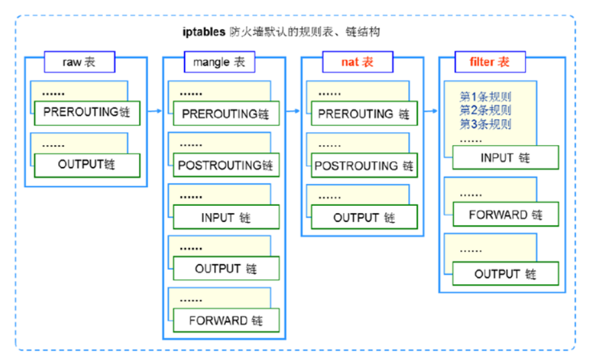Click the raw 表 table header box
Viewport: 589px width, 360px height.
pos(80,62)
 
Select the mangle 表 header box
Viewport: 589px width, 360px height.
pos(219,63)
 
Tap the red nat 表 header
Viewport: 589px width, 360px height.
pos(357,62)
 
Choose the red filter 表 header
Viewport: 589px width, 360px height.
pos(489,62)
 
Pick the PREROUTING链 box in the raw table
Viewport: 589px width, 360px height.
pos(87,113)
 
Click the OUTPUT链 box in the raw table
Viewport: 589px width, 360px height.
pos(87,164)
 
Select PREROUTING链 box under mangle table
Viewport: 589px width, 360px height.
pos(226,114)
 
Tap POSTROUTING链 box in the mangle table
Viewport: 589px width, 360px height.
pos(226,166)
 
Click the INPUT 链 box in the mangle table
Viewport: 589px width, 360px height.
pos(226,218)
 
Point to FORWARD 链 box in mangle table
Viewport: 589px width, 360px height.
pos(226,321)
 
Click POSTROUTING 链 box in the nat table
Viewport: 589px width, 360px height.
pos(364,166)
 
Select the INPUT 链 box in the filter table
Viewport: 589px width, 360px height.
pos(506,157)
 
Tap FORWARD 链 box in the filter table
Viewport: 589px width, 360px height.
pos(506,215)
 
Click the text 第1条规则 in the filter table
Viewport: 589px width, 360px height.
pos(485,97)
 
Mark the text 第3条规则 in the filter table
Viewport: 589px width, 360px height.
pos(485,124)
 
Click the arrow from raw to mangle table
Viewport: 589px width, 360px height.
pos(154,111)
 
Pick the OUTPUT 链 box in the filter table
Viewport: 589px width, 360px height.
pos(506,274)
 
